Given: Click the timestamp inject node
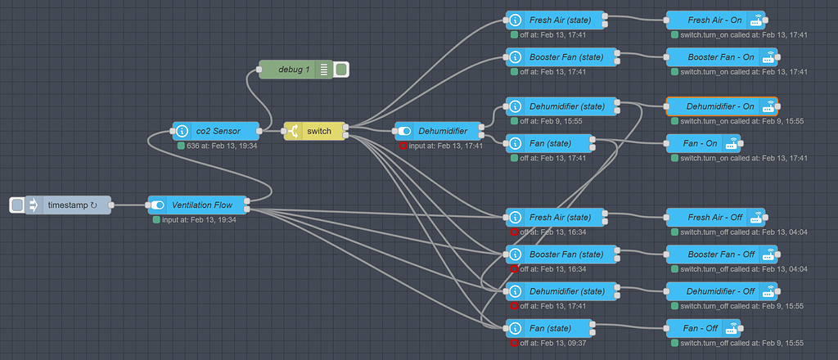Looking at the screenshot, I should (70, 205).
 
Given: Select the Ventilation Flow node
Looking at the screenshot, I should (199, 205).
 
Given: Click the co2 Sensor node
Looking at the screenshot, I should (217, 131).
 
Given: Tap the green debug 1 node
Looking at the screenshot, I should (295, 70).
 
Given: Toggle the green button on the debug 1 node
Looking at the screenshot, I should (341, 70).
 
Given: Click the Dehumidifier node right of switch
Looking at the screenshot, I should (442, 131).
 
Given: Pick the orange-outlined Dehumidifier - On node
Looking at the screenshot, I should (720, 106).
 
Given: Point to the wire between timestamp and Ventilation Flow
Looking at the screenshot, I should (128, 205).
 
